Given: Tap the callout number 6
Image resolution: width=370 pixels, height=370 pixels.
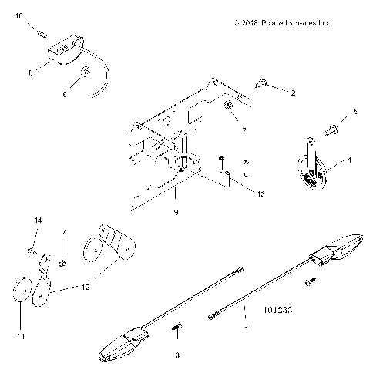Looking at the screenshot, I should pos(65,94).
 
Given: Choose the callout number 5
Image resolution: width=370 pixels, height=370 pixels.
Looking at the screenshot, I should pos(355,112).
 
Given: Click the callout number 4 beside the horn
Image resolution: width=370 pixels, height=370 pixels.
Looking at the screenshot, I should pos(348,161).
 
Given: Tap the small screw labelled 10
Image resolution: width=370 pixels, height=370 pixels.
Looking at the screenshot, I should pos(44,33).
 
